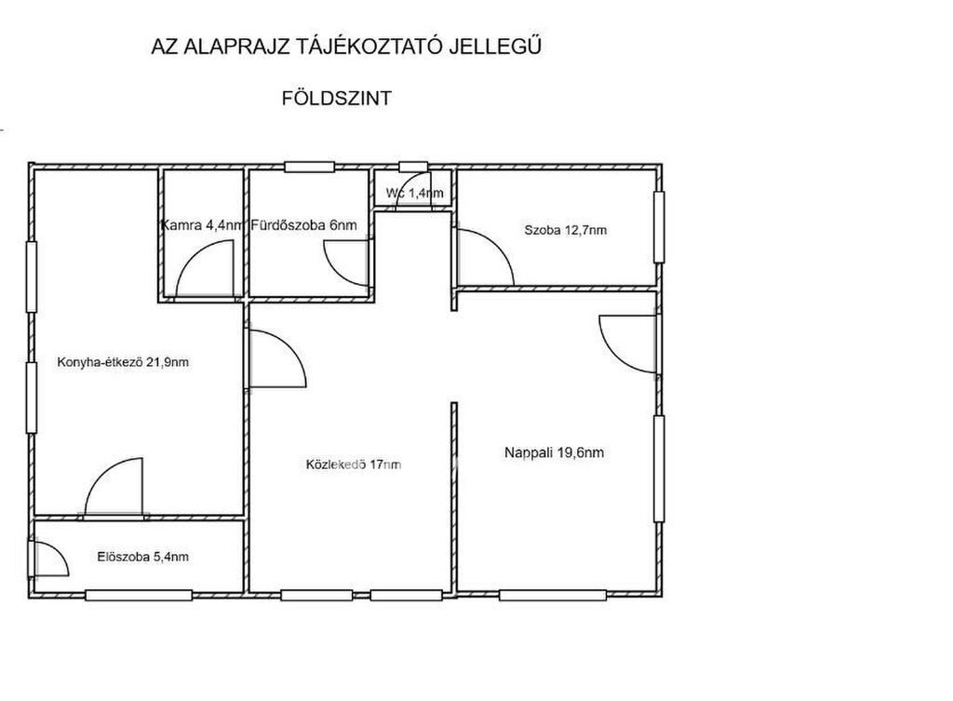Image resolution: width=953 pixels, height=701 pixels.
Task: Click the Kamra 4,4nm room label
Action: click(202, 225)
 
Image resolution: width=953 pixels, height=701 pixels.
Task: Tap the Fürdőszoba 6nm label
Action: click(304, 225)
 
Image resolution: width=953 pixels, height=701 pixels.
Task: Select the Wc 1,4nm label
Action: click(414, 194)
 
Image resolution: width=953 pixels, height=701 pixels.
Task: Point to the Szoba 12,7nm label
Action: click(565, 231)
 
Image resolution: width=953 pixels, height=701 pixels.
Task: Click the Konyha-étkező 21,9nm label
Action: click(123, 362)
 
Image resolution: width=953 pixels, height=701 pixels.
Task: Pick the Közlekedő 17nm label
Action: click(354, 465)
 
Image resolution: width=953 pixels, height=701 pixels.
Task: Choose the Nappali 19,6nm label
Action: click(555, 453)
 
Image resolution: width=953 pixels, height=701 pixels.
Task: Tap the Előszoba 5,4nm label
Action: click(142, 557)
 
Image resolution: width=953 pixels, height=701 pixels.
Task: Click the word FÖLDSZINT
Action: click(336, 99)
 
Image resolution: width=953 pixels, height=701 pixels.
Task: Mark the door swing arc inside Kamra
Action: click(192, 254)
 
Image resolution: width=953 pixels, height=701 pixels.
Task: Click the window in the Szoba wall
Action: click(659, 227)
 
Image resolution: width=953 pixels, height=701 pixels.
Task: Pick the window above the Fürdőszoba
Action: click(310, 167)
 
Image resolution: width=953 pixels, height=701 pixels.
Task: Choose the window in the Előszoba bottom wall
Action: click(139, 595)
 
